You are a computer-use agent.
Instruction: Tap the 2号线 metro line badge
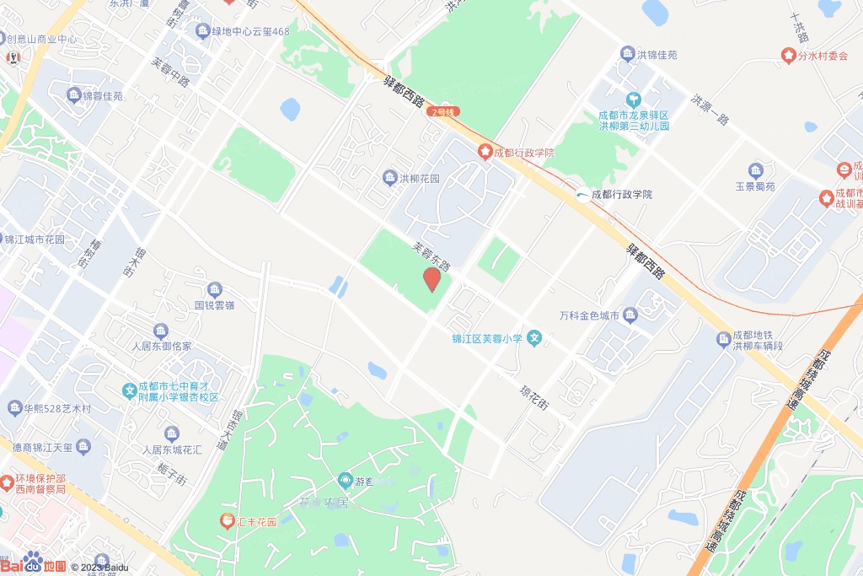pyautogui.click(x=443, y=111)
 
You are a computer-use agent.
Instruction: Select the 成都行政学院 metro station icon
pyautogui.click(x=582, y=195)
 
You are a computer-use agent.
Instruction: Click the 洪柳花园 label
pyautogui.click(x=420, y=179)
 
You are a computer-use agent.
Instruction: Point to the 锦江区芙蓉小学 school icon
pyautogui.click(x=533, y=339)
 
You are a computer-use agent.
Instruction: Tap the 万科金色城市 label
pyautogui.click(x=589, y=316)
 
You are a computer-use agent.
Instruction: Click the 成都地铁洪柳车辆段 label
pyautogui.click(x=758, y=340)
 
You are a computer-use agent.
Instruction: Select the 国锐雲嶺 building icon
pyautogui.click(x=214, y=289)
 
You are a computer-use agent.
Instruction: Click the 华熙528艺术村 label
pyautogui.click(x=57, y=409)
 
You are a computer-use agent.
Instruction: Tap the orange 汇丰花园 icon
pyautogui.click(x=226, y=521)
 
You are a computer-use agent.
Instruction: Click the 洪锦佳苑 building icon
pyautogui.click(x=627, y=55)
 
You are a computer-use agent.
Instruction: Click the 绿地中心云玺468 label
pyautogui.click(x=250, y=32)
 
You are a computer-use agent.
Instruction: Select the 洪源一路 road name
pyautogui.click(x=710, y=109)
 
